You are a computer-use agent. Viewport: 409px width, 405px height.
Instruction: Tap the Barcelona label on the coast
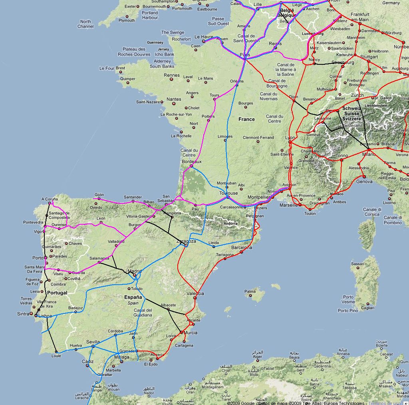[x=242, y=247]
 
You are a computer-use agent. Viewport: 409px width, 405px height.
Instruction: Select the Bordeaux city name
[x=192, y=162]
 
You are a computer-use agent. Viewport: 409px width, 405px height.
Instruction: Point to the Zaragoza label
[x=187, y=241]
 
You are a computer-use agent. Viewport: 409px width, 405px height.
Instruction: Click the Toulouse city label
[x=228, y=193]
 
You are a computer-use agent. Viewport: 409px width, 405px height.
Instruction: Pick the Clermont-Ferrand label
[x=258, y=138]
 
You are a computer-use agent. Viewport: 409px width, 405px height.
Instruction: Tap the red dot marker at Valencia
[x=195, y=298]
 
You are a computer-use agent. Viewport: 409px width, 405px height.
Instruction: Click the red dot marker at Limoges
[x=225, y=141]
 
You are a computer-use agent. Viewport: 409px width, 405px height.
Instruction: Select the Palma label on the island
[x=250, y=291]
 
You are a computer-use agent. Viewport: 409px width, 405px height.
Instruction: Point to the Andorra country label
[x=231, y=223]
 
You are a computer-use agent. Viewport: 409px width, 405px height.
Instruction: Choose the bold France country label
[x=246, y=119]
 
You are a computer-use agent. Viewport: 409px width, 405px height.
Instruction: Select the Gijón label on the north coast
[x=99, y=194]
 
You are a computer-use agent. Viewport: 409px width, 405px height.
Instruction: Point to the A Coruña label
[x=50, y=199]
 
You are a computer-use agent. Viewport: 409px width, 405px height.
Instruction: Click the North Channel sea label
[x=85, y=24]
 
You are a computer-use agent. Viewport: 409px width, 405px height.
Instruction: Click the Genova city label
[x=364, y=182]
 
